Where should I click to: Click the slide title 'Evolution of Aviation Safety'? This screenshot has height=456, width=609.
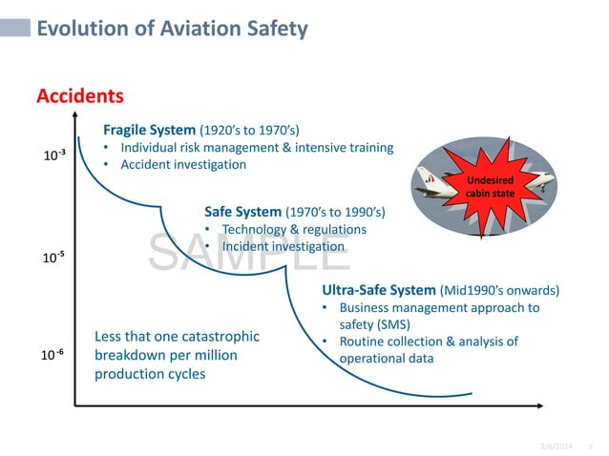tap(172, 29)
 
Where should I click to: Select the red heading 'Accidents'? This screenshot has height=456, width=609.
tap(79, 96)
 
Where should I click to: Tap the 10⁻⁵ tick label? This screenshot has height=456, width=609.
tap(53, 258)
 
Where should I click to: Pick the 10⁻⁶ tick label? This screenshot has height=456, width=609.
tap(53, 355)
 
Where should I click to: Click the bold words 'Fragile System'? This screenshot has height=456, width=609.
tap(149, 129)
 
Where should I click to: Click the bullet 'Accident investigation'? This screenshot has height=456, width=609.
tap(183, 164)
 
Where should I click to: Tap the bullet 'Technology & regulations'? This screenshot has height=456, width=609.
tap(293, 229)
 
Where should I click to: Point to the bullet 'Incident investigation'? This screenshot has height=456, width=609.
tap(283, 246)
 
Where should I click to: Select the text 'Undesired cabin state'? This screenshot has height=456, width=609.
tap(490, 186)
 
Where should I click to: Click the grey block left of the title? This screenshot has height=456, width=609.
tap(13, 29)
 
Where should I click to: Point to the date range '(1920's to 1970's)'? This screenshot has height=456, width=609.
tap(255, 129)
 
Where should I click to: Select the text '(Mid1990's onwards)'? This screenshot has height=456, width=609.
tap(499, 290)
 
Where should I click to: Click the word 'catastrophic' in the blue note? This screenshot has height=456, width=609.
tap(220, 337)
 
